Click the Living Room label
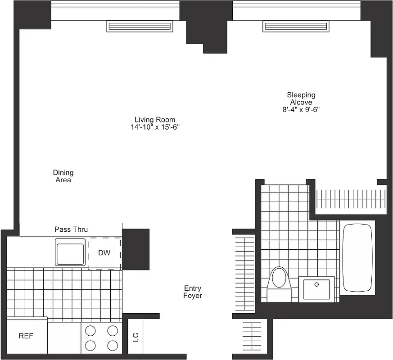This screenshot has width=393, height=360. click(155, 120)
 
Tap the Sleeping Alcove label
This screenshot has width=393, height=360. click(301, 99)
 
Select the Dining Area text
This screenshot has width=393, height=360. click(63, 176)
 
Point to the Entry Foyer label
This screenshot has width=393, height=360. click(193, 292)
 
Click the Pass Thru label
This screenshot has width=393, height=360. click(71, 229)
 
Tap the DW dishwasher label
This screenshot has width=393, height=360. click(104, 253)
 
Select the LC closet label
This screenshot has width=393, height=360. click(136, 337)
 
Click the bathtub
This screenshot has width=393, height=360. click(357, 257)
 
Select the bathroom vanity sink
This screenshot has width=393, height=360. click(316, 289)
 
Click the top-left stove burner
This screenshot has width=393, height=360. click(90, 331)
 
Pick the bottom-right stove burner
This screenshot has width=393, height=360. click(113, 345)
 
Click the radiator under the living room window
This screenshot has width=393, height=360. click(140, 27)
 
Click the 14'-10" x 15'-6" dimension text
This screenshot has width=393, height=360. click(155, 127)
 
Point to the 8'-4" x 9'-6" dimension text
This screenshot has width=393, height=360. click(301, 109)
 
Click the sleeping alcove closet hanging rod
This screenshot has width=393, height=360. click(351, 198)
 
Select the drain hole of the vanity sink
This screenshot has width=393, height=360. click(316, 284)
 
